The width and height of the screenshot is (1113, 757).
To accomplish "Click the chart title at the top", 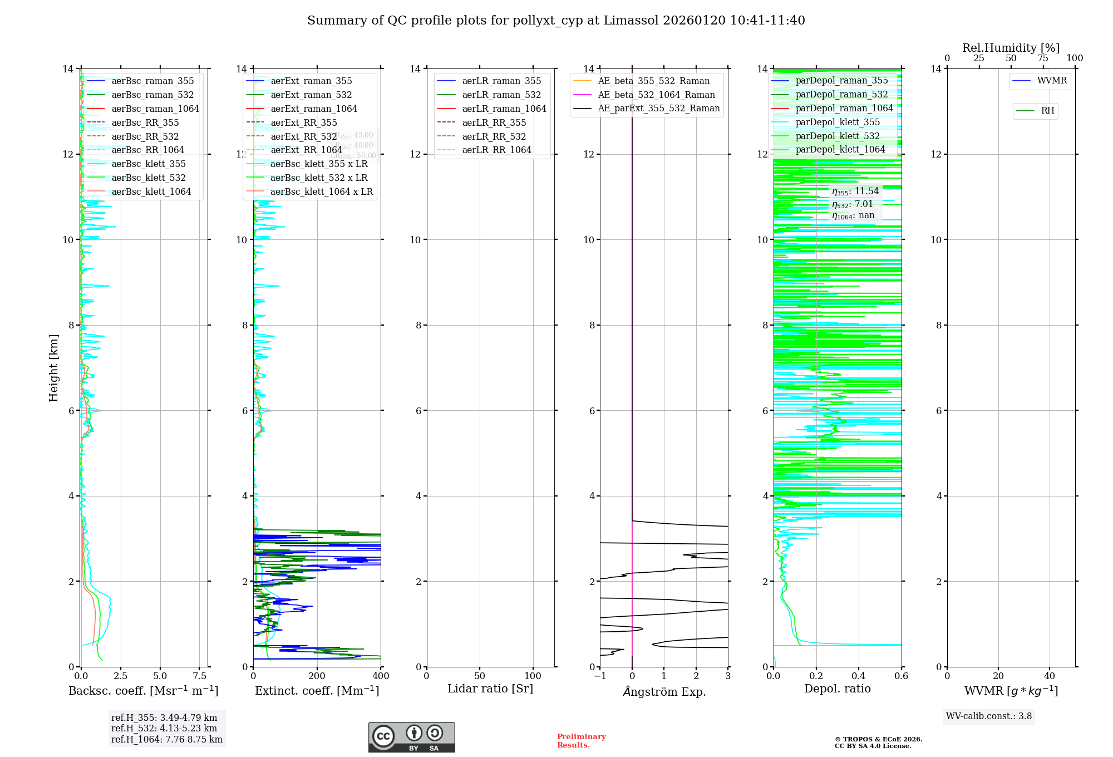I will tap(556, 21).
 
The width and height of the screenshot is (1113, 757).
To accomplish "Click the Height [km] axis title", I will tap(53, 367).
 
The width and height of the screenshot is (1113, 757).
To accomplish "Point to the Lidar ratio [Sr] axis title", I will tap(490, 689).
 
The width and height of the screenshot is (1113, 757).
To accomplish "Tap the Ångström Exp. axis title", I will tap(664, 691).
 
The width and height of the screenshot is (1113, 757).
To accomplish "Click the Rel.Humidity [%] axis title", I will tap(1011, 48).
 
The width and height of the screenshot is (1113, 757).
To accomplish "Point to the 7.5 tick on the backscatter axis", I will tap(200, 676).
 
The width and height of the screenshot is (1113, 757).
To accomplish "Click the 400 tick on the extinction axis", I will tap(381, 676).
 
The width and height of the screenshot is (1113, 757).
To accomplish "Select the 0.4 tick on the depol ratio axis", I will tap(859, 676).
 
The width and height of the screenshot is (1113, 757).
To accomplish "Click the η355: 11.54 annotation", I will tap(855, 191).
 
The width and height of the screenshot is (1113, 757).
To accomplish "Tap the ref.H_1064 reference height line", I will tap(166, 739).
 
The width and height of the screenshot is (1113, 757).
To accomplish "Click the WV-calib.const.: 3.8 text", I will tap(989, 716).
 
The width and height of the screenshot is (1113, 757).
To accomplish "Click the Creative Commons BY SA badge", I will tap(411, 737).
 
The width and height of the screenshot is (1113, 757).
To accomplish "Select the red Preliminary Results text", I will tap(581, 740).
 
